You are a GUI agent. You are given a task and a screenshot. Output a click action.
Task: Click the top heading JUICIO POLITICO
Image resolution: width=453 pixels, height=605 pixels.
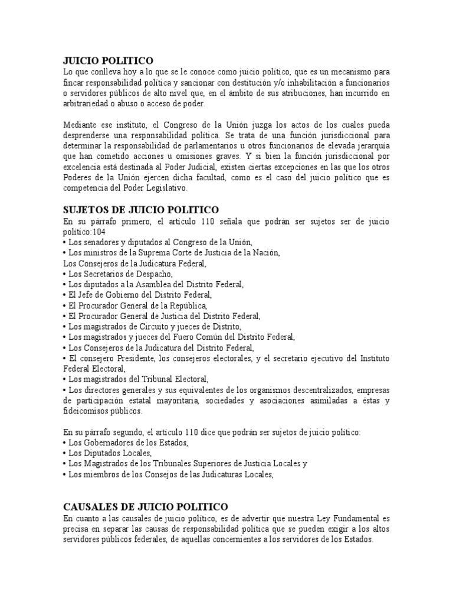(x=108, y=60)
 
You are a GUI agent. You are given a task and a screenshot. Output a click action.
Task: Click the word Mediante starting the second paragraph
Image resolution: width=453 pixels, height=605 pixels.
(x=81, y=125)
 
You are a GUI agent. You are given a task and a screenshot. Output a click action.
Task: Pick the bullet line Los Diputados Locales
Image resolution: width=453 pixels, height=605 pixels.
(x=106, y=453)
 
